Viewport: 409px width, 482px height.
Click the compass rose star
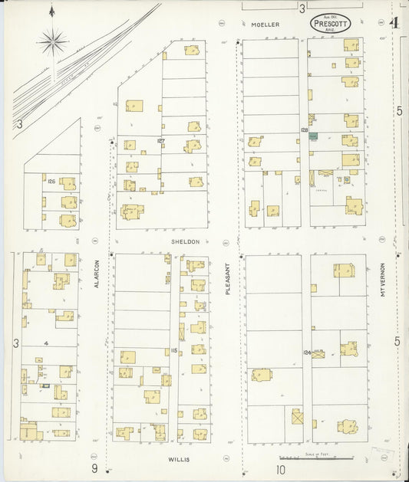tap(52, 42)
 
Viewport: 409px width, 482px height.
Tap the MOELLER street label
tap(265, 25)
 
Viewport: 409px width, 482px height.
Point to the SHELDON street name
tap(185, 241)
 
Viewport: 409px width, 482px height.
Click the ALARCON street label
tap(97, 274)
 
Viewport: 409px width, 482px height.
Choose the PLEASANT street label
tap(228, 278)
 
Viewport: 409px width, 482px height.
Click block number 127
tap(161, 141)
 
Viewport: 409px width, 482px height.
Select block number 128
tap(304, 131)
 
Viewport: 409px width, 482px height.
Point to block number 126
tap(51, 182)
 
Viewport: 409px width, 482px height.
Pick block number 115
tap(174, 350)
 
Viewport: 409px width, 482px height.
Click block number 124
tap(307, 352)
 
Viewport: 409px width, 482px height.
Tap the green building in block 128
tap(313, 136)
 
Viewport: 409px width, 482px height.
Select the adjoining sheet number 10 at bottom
tap(281, 469)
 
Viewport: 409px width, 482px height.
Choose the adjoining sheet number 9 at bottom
tap(94, 468)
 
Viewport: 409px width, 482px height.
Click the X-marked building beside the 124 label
tap(318, 355)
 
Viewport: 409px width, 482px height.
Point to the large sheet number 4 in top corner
tap(394, 22)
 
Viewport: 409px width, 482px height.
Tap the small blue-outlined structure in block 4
tap(46, 386)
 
